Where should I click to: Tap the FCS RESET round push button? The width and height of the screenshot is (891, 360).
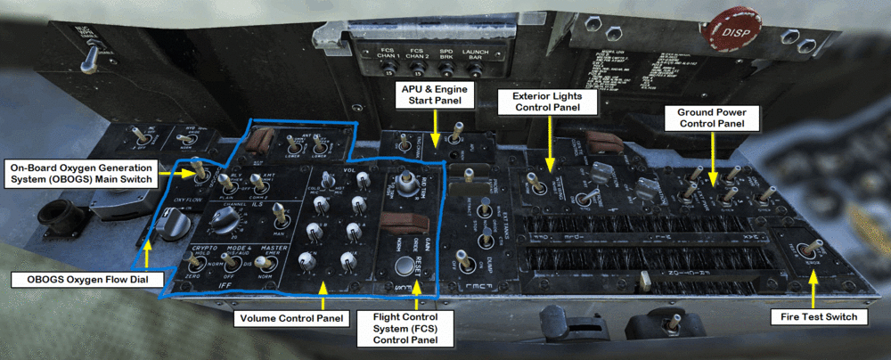(x=408, y=265)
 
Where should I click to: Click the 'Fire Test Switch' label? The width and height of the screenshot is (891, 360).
(x=814, y=317)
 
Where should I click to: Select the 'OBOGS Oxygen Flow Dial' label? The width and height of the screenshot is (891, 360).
(x=87, y=280)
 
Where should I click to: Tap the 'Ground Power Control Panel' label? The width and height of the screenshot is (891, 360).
(x=717, y=119)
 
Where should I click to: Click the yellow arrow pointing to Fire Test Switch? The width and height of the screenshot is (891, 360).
(x=813, y=287)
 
